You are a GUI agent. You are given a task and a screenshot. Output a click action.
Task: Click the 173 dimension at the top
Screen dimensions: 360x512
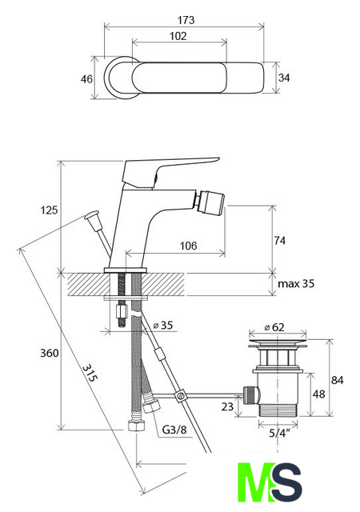[186, 20]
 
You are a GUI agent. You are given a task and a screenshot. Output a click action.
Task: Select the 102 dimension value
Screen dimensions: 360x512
[178, 36]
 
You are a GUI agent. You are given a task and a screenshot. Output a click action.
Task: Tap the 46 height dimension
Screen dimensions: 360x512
[86, 78]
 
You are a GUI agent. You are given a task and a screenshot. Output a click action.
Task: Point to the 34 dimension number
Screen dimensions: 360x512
[284, 78]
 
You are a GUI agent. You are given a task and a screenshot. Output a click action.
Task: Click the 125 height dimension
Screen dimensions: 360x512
[49, 210]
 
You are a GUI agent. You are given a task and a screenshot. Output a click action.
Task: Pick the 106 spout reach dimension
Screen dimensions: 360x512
[189, 246]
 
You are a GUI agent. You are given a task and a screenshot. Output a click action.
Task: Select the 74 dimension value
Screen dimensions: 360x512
[280, 241]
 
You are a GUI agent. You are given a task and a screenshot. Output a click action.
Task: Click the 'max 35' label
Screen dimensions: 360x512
[296, 283]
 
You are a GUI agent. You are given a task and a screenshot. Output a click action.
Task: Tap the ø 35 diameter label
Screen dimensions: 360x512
[163, 326]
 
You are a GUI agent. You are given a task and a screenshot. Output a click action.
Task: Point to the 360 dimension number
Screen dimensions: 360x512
[50, 353]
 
